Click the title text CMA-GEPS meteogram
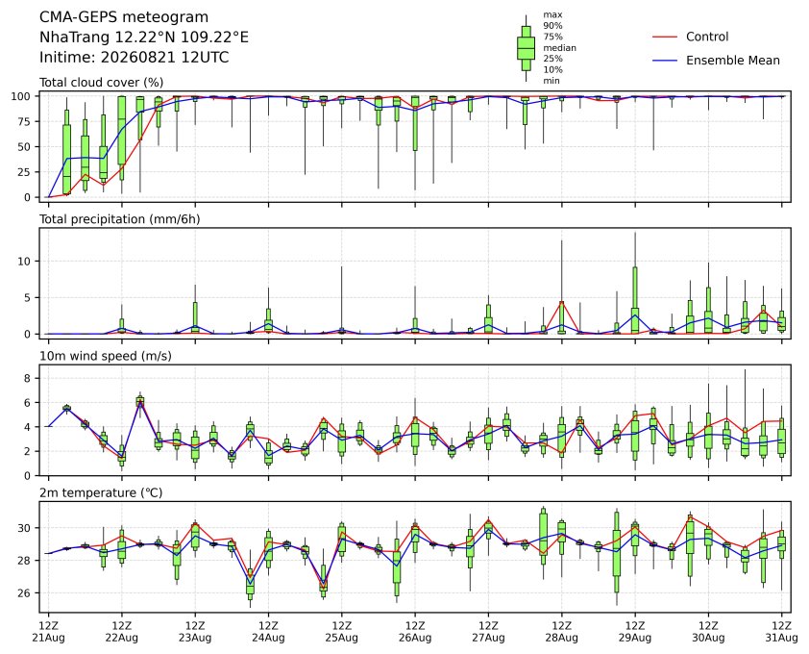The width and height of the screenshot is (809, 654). click(124, 17)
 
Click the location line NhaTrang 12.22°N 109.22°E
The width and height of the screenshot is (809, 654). click(144, 38)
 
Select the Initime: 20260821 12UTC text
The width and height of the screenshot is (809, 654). click(135, 57)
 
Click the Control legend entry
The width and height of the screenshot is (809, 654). click(691, 37)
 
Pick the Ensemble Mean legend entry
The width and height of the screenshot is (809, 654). click(716, 61)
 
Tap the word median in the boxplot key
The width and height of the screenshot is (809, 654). click(559, 47)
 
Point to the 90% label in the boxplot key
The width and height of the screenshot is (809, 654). click(552, 25)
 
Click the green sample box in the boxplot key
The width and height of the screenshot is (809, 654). click(526, 48)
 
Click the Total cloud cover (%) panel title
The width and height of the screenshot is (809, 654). click(102, 82)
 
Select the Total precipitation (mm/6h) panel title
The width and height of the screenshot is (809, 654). click(120, 219)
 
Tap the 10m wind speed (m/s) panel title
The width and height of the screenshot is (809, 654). click(106, 356)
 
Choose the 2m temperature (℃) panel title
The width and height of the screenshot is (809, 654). click(101, 492)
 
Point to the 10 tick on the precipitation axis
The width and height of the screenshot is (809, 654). click(25, 261)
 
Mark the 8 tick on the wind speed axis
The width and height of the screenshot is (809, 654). click(29, 378)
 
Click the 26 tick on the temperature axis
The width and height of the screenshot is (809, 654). click(25, 592)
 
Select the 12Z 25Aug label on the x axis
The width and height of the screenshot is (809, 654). click(341, 632)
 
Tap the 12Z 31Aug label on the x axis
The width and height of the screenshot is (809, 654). click(782, 632)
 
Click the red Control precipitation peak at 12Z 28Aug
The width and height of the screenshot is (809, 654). click(562, 302)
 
